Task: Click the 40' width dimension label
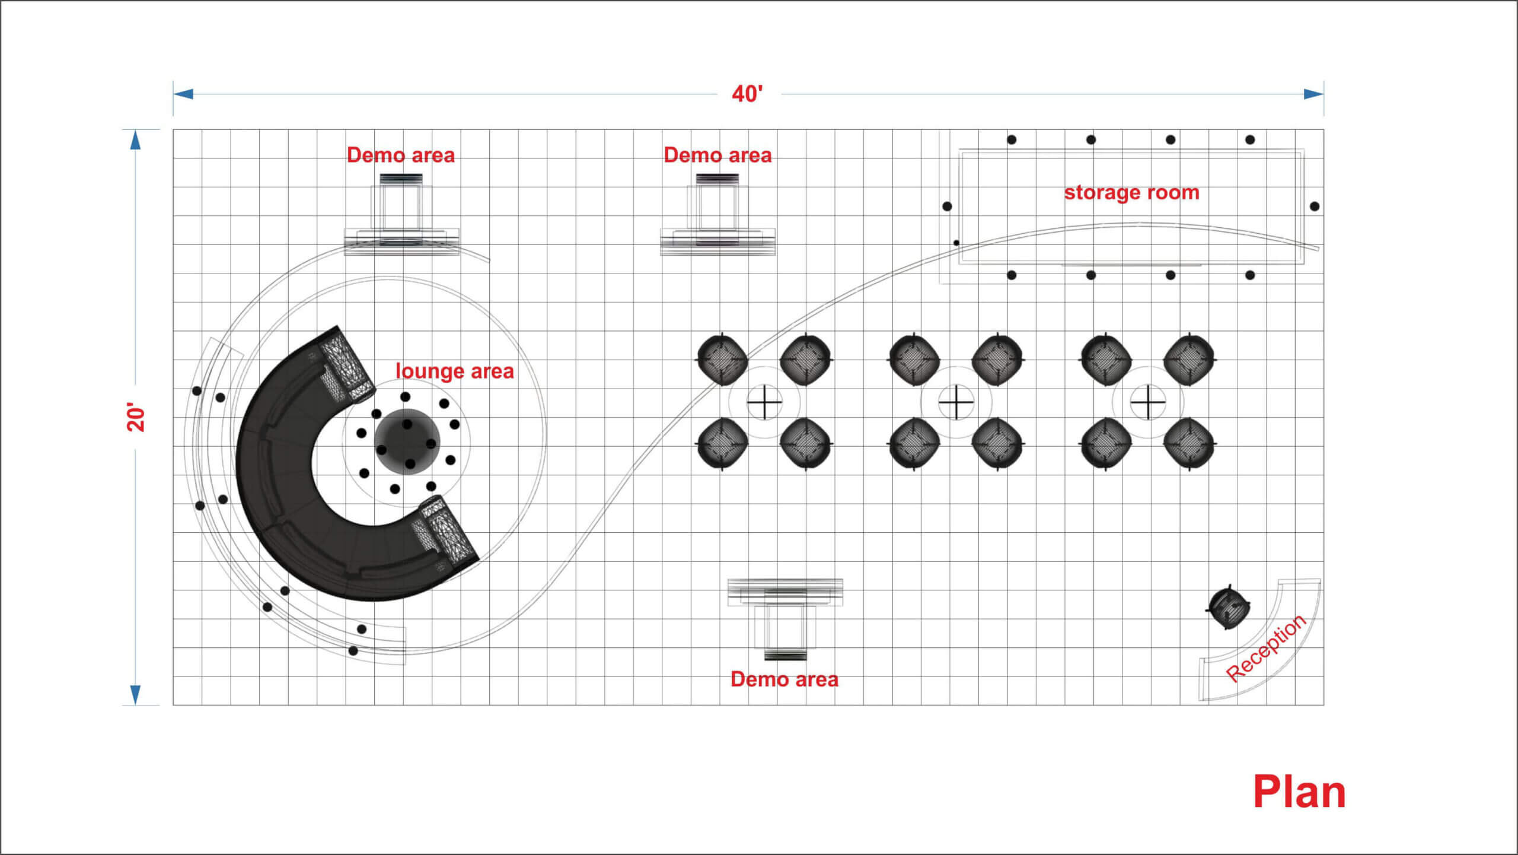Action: [x=747, y=94]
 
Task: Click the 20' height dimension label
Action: [x=136, y=418]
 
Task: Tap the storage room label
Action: [x=1131, y=193]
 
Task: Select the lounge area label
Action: [x=454, y=371]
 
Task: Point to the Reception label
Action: [x=1265, y=649]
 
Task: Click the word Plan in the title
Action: [x=1299, y=792]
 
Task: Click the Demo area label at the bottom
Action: [x=784, y=679]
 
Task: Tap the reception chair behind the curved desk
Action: [x=1229, y=607]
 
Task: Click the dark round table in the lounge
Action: [x=407, y=441]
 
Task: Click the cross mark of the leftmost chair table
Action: [x=764, y=402]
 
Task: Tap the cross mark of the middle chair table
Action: [x=956, y=402]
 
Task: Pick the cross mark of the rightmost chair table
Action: [x=1148, y=402]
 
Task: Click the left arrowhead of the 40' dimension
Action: [x=183, y=94]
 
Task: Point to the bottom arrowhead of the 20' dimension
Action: [x=136, y=695]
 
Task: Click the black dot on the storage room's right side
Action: [x=1315, y=206]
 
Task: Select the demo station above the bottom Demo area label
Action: [x=785, y=619]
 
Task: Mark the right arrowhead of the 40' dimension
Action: [x=1313, y=94]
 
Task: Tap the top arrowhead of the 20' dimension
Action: [x=136, y=140]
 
